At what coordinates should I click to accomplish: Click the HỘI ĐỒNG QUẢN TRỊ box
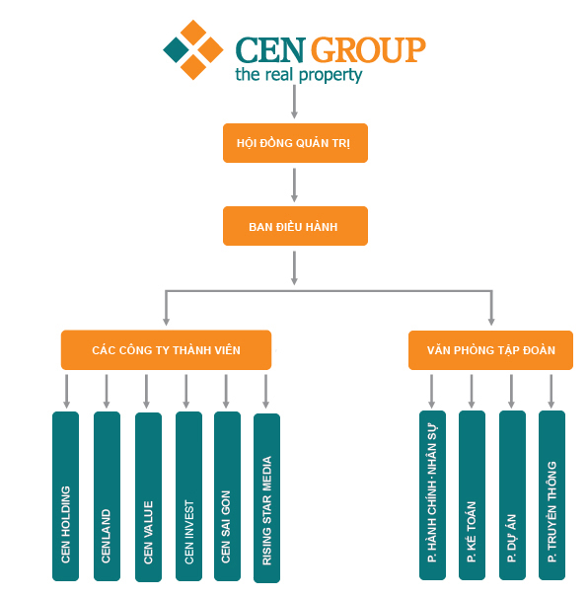(x=295, y=143)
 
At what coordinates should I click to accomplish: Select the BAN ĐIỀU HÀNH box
(x=295, y=226)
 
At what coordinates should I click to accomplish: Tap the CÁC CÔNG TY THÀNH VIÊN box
(x=166, y=350)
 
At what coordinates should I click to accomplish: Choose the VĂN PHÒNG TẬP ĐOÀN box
(x=490, y=350)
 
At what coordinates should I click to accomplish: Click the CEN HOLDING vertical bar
(x=65, y=496)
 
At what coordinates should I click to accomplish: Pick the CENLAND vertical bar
(x=107, y=496)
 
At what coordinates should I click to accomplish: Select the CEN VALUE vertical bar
(x=148, y=497)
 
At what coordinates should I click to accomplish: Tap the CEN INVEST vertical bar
(x=188, y=496)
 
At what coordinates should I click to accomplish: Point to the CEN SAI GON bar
(x=227, y=496)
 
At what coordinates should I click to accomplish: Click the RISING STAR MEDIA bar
(x=266, y=498)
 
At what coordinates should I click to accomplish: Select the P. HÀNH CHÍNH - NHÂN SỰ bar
(x=432, y=495)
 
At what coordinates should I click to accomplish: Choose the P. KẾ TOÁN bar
(x=472, y=495)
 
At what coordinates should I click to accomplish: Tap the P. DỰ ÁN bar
(x=512, y=495)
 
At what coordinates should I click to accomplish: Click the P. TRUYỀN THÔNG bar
(x=551, y=495)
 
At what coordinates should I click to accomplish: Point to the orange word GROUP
(x=368, y=49)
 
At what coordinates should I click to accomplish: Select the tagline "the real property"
(x=299, y=75)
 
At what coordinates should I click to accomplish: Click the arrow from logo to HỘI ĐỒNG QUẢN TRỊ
(x=294, y=102)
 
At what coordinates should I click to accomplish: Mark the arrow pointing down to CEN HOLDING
(x=67, y=391)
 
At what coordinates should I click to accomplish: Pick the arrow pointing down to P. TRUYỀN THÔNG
(x=551, y=391)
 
